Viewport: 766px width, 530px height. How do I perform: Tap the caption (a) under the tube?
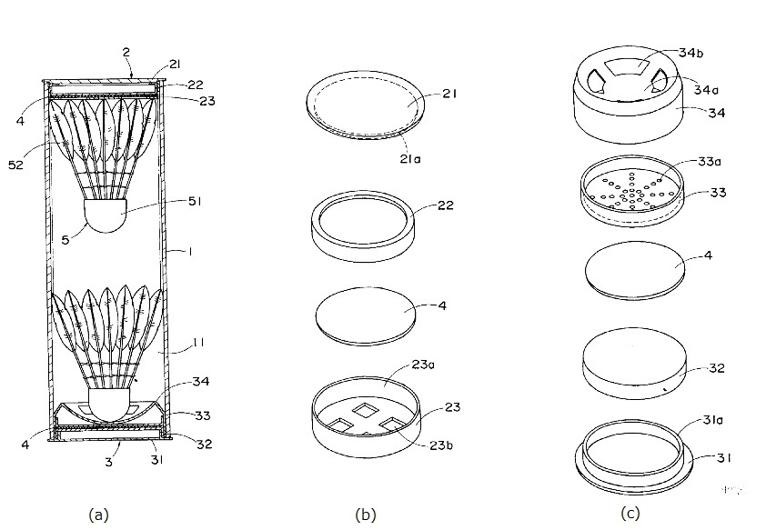tap(97, 515)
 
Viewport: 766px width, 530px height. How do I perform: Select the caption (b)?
tap(365, 515)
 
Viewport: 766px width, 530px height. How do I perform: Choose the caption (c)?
tap(630, 514)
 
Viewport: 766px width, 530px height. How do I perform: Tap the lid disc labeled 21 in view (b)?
tap(365, 107)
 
